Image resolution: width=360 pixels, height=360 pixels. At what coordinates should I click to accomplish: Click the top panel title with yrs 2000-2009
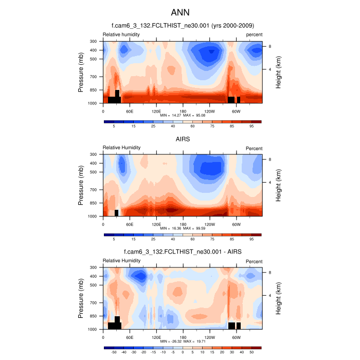click(183, 25)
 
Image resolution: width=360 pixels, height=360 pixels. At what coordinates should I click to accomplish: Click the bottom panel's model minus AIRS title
click(183, 251)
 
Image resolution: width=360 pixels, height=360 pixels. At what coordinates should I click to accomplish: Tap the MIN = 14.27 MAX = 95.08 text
click(183, 116)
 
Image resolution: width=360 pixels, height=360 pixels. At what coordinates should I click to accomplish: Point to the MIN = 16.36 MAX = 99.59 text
click(183, 229)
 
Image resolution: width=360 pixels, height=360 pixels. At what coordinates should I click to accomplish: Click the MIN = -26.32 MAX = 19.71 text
click(183, 341)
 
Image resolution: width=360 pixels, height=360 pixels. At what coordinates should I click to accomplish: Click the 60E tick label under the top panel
click(130, 111)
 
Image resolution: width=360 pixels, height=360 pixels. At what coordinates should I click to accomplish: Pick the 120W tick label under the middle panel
click(209, 224)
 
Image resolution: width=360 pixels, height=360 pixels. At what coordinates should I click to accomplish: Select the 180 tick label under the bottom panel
click(183, 337)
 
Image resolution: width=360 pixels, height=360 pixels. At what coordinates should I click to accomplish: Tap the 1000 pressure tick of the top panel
click(93, 103)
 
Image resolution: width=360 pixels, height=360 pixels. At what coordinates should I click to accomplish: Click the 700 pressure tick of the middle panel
click(94, 190)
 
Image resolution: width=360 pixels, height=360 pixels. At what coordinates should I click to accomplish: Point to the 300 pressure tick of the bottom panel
click(94, 267)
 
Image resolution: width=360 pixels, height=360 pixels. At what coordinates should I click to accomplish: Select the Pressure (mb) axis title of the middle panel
click(81, 185)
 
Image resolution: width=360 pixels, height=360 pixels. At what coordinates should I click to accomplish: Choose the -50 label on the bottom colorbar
click(114, 352)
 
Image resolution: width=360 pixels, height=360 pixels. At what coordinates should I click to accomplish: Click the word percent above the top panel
click(254, 34)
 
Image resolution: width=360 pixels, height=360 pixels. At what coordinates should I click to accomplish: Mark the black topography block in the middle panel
click(116, 213)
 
